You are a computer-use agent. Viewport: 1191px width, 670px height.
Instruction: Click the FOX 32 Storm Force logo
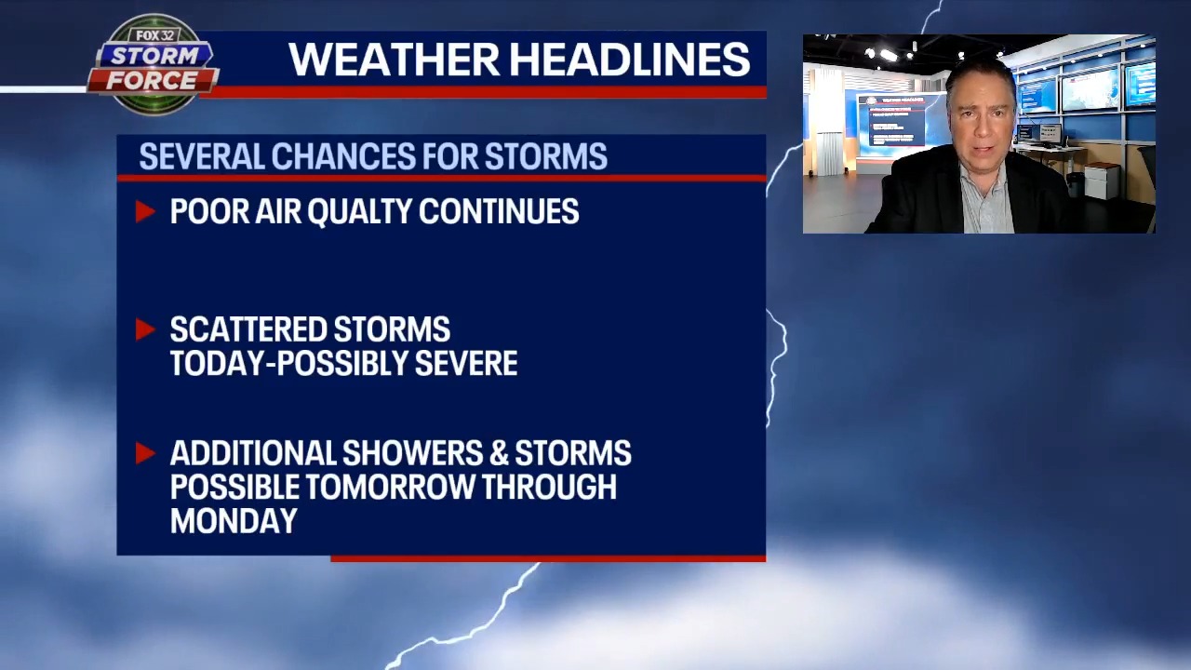pyautogui.click(x=153, y=65)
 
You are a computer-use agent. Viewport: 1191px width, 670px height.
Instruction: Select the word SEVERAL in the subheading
pyautogui.click(x=201, y=157)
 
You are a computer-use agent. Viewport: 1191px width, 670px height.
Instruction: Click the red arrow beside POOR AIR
pyautogui.click(x=144, y=212)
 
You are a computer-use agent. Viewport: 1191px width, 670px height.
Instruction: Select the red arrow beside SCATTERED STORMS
pyautogui.click(x=144, y=329)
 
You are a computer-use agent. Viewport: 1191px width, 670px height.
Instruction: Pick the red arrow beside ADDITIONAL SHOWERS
pyautogui.click(x=144, y=453)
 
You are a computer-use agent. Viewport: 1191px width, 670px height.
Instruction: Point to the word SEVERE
pyautogui.click(x=465, y=364)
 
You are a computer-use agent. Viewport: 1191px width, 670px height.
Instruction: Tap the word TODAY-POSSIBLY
pyautogui.click(x=288, y=364)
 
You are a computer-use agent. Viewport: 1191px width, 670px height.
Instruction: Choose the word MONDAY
pyautogui.click(x=234, y=521)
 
